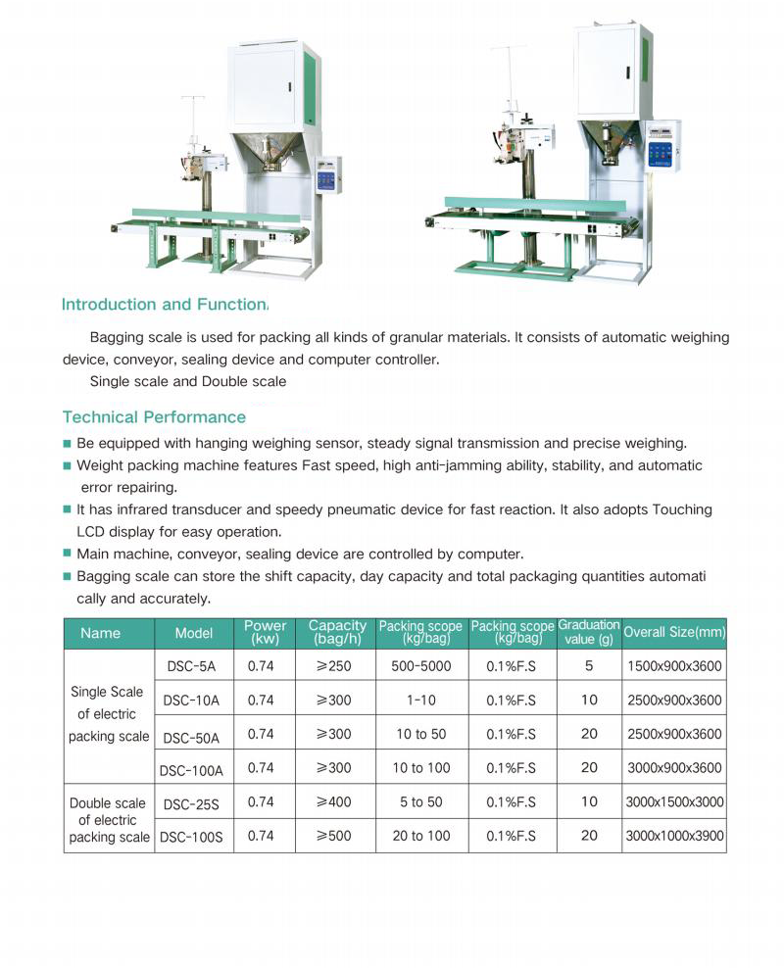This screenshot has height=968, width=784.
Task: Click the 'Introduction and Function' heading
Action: (x=164, y=305)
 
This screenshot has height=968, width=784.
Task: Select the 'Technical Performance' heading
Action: (x=154, y=417)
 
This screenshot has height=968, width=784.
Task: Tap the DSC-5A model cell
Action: (x=192, y=667)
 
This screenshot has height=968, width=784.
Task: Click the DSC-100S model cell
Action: (x=192, y=837)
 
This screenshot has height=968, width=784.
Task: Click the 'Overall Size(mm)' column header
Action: (x=674, y=633)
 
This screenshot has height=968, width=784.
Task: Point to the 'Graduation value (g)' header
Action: (x=588, y=633)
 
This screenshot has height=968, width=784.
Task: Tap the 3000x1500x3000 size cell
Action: (x=674, y=801)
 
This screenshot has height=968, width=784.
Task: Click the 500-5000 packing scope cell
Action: (x=420, y=666)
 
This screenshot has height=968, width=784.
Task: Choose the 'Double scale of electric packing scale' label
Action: (x=109, y=820)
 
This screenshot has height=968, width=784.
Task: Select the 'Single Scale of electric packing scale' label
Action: (x=109, y=714)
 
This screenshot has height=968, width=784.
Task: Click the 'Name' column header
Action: (x=100, y=633)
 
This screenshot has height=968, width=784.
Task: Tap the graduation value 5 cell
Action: (x=588, y=666)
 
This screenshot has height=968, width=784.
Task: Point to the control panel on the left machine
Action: (x=327, y=172)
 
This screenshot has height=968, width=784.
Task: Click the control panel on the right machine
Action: (x=663, y=145)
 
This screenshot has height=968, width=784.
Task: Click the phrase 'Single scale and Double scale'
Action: (x=187, y=381)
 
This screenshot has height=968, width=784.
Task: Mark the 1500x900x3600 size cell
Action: (x=674, y=666)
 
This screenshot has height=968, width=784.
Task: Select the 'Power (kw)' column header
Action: (x=265, y=633)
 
